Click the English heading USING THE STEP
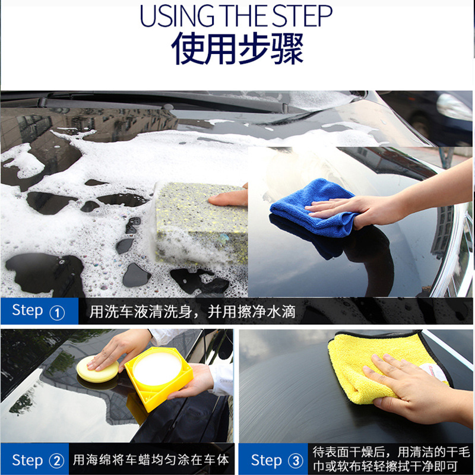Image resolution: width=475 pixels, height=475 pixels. (x=236, y=16)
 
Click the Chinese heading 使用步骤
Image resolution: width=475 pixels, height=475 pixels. (x=237, y=49)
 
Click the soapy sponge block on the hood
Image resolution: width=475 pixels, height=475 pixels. (x=201, y=222)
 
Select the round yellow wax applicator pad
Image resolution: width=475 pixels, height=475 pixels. (x=97, y=370)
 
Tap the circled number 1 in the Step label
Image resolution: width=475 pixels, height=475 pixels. (x=57, y=313)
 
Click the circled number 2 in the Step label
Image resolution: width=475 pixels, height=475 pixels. (x=56, y=461)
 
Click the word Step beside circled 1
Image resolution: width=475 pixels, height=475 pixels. (x=27, y=311)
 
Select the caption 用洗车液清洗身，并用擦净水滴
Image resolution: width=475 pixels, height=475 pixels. (x=192, y=312)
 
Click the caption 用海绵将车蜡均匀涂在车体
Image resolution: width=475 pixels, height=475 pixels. (x=151, y=460)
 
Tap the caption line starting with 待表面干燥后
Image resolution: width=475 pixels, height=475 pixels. (x=391, y=452)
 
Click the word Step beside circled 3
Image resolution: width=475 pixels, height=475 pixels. (x=266, y=460)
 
